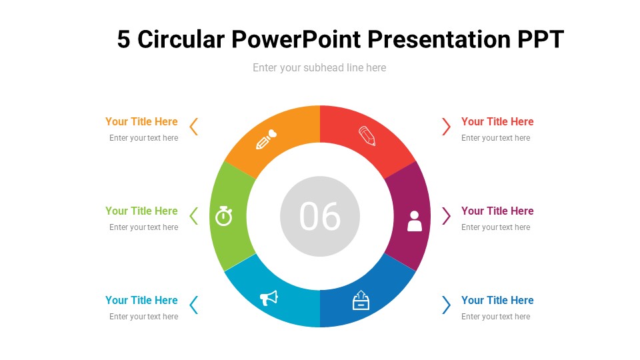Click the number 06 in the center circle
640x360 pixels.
pyautogui.click(x=320, y=216)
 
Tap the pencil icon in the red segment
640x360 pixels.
pyautogui.click(x=367, y=136)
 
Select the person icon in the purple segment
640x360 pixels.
pyautogui.click(x=415, y=221)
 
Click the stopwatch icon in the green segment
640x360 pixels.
pyautogui.click(x=224, y=215)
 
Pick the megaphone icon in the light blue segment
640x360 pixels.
pyautogui.click(x=269, y=298)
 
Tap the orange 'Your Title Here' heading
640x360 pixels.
pyautogui.click(x=141, y=121)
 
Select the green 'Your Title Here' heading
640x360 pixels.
pyautogui.click(x=141, y=211)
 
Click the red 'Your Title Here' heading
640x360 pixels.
pyautogui.click(x=497, y=121)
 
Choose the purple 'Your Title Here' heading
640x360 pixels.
pyautogui.click(x=497, y=211)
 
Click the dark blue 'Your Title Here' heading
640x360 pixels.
pyautogui.click(x=497, y=300)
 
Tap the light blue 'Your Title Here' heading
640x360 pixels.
pyautogui.click(x=141, y=300)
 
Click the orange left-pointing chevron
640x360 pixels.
pyautogui.click(x=194, y=126)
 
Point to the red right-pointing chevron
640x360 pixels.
pyautogui.click(x=446, y=126)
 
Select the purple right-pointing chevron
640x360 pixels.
pyautogui.click(x=446, y=215)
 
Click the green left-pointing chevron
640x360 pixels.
pyautogui.click(x=194, y=215)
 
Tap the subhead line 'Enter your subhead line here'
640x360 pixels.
pyautogui.click(x=319, y=67)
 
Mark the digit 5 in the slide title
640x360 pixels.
pyautogui.click(x=124, y=40)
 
